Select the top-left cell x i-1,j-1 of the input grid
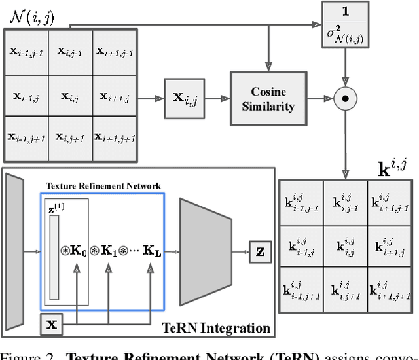click(25, 51)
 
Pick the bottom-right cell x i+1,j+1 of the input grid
click(115, 137)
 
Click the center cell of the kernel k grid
click(344, 245)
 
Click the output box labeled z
click(261, 250)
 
